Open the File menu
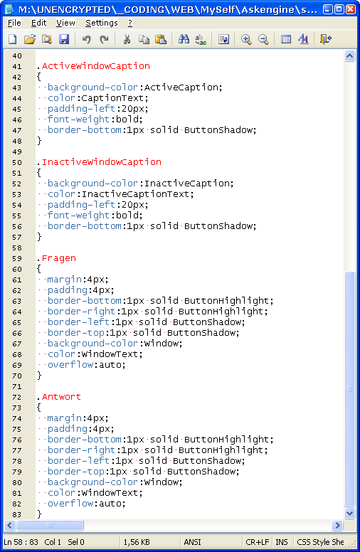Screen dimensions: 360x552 [14, 23]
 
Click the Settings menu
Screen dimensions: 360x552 [102, 23]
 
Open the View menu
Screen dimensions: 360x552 [65, 23]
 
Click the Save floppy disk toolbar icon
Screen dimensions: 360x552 [64, 39]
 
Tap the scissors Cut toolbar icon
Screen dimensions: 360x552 [127, 39]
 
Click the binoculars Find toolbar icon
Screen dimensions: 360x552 [184, 39]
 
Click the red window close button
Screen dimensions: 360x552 [351, 9]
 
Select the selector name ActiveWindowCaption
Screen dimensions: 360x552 [96, 66]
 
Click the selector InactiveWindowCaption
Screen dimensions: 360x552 [102, 162]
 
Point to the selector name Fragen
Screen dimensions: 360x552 [59, 258]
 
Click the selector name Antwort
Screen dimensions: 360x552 [61, 397]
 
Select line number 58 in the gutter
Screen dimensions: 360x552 [17, 248]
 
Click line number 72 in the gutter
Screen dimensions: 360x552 [17, 397]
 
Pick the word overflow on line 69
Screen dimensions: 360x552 [70, 365]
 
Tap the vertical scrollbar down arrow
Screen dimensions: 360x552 [349, 514]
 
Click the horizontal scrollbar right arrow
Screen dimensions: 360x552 [337, 525]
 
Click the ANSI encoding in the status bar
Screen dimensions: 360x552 [192, 542]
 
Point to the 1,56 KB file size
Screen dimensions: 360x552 [137, 542]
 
